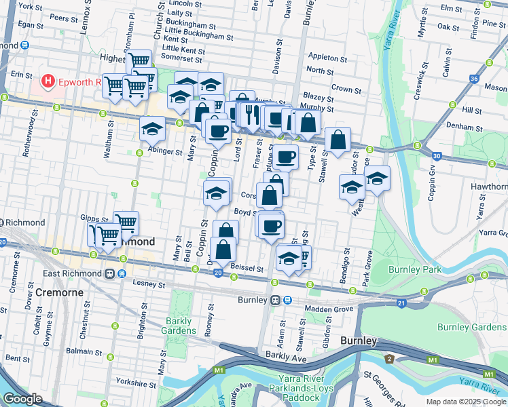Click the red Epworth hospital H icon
48,83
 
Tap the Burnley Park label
415,269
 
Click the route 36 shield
473,79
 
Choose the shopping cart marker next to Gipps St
126,222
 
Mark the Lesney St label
149,284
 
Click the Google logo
22,399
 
